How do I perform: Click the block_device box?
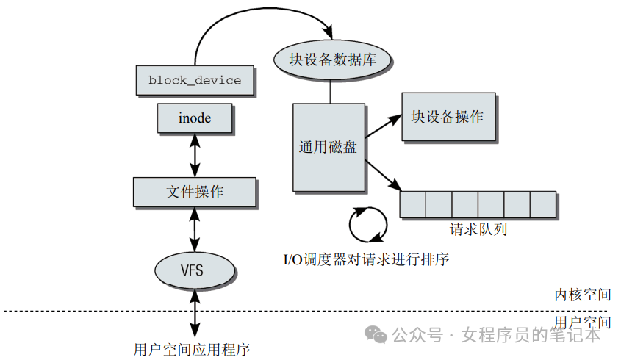click(x=195, y=80)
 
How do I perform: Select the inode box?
click(x=195, y=118)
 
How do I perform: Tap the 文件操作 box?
click(x=195, y=192)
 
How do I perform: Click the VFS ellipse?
click(x=195, y=270)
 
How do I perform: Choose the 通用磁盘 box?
click(x=329, y=147)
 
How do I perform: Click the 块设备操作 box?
click(x=447, y=117)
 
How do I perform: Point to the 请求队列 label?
click(x=478, y=229)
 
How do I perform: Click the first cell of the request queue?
click(x=413, y=204)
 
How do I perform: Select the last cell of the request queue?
click(x=542, y=204)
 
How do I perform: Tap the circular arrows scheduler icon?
click(x=367, y=224)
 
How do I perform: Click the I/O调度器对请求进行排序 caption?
click(x=366, y=259)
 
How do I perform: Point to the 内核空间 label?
click(x=582, y=295)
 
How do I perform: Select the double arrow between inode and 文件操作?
click(x=195, y=155)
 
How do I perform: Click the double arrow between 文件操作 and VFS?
click(x=195, y=228)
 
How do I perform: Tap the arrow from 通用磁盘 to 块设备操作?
click(x=383, y=127)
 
